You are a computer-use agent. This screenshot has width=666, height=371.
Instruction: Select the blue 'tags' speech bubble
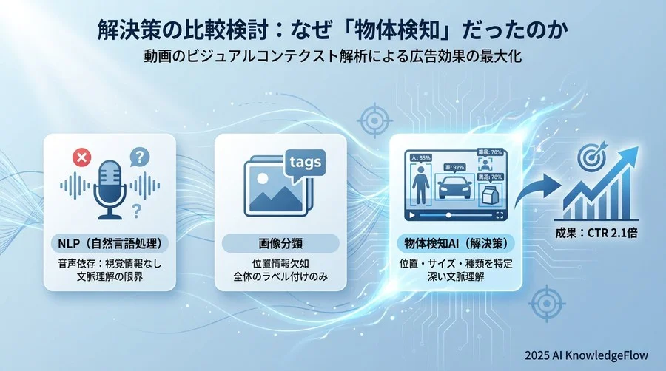[303, 163]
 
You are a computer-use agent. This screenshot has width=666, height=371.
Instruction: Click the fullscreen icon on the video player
[500, 215]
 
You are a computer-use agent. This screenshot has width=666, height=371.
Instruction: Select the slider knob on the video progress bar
[448, 215]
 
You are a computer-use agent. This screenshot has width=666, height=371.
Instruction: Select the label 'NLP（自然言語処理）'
[110, 243]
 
